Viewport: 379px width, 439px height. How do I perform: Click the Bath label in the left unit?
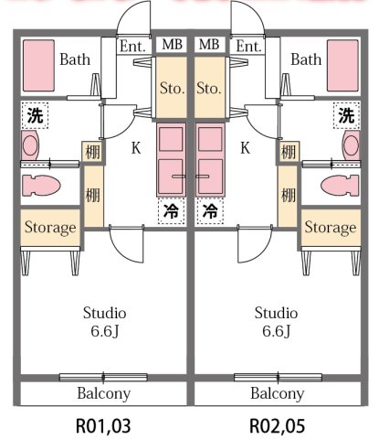[74, 60]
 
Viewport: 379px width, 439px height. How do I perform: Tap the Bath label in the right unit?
[306, 60]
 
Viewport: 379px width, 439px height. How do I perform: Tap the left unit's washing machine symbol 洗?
[35, 116]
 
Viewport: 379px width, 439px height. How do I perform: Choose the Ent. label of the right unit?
[247, 46]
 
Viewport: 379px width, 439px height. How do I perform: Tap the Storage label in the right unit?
[330, 227]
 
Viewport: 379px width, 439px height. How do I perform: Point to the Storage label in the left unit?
[49, 227]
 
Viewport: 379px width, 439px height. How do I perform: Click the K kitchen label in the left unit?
[135, 146]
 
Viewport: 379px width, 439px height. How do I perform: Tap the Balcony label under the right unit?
[277, 394]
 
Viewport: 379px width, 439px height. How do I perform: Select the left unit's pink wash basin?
[31, 145]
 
